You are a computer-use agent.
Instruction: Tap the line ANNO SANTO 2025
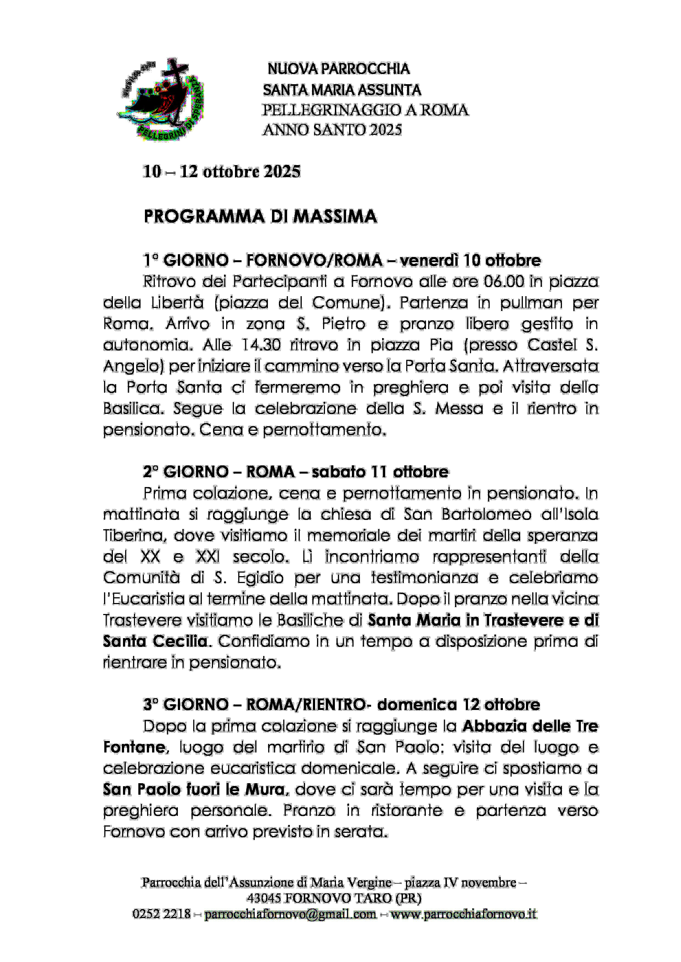pyautogui.click(x=332, y=130)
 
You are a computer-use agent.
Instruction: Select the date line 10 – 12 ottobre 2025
pyautogui.click(x=222, y=172)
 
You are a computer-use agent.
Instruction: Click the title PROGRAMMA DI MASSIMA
pyautogui.click(x=260, y=217)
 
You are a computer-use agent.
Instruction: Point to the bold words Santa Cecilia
pyautogui.click(x=155, y=641)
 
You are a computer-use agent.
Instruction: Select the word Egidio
pyautogui.click(x=260, y=578)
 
